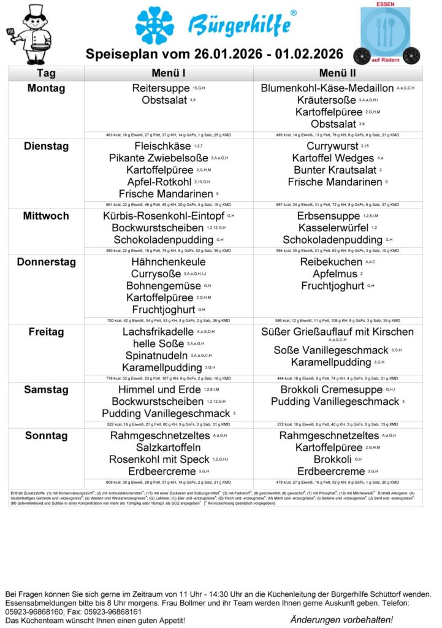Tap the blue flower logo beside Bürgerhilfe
(154, 26)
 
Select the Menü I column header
(169, 73)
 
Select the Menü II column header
(337, 73)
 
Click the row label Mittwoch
(46, 216)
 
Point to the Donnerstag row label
(46, 262)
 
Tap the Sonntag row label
(46, 436)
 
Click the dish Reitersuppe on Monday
(160, 88)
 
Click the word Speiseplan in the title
(119, 54)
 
